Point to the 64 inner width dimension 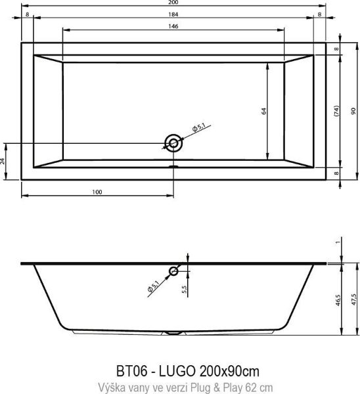tap(263, 111)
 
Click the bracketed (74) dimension tap(335, 111)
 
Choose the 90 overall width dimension tap(353, 111)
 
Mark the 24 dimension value tap(3, 160)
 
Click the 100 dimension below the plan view tap(97, 192)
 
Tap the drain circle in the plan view tap(173, 142)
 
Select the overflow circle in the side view tap(174, 271)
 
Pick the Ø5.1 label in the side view tap(153, 285)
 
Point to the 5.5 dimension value tap(185, 288)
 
